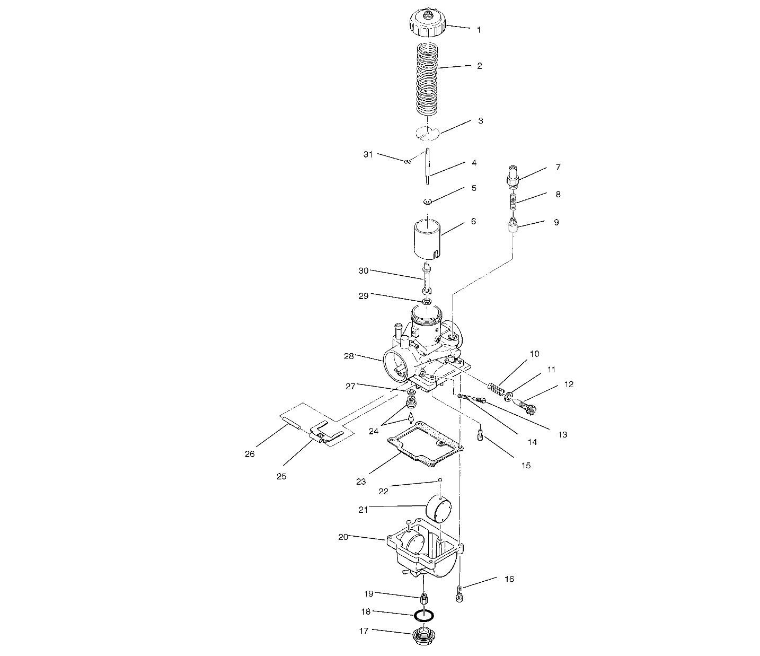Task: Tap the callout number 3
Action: (480, 121)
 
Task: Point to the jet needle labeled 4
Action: (428, 167)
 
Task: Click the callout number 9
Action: (556, 223)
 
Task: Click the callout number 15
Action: (525, 466)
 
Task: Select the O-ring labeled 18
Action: (424, 616)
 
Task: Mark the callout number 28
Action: (348, 356)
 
